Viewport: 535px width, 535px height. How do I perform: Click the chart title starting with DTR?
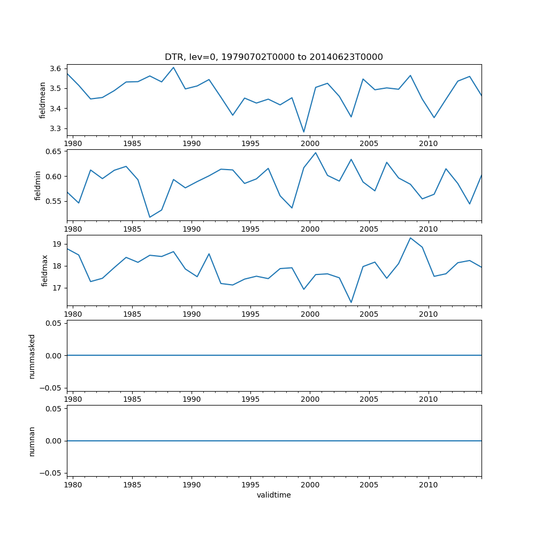(273, 57)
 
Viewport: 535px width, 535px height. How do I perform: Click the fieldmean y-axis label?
(43, 100)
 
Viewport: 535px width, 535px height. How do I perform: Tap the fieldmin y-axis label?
(37, 185)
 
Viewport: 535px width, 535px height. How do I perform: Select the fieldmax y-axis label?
(45, 270)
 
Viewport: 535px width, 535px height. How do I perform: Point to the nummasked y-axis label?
(32, 356)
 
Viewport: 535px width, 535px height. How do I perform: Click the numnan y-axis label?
(32, 441)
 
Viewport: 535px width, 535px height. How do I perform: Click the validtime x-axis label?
(273, 495)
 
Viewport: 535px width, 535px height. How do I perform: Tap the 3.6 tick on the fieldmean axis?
(56, 68)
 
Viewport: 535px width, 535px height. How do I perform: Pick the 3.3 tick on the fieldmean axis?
(56, 128)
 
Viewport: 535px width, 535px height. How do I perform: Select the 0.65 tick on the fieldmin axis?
(53, 152)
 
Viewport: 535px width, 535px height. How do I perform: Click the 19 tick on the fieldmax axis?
(58, 244)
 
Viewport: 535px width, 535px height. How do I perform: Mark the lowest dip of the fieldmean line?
(304, 132)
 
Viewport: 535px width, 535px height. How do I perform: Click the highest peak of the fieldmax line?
(410, 238)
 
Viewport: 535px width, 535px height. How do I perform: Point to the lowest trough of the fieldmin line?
(150, 217)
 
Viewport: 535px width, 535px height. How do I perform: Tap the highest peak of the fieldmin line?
(316, 152)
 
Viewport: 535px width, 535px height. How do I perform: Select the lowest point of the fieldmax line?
(351, 302)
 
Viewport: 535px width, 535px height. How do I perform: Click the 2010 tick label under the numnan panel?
(428, 485)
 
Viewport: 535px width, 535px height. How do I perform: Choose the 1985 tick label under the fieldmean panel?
(132, 144)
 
